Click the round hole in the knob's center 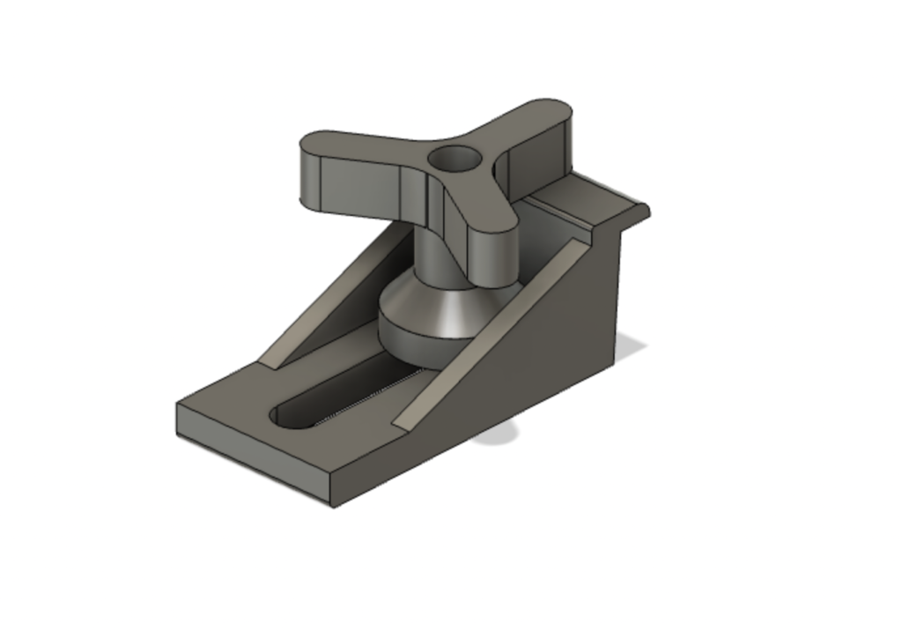[455, 160]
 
